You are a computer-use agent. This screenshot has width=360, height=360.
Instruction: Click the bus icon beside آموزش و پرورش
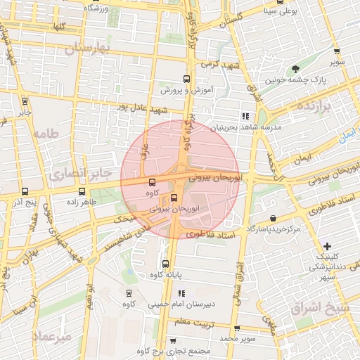[186, 79]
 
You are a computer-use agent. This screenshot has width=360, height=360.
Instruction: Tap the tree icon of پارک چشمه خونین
[296, 68]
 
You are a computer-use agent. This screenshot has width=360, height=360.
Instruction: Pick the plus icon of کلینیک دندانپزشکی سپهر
[326, 245]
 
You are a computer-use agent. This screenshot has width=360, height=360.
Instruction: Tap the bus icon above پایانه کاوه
[166, 264]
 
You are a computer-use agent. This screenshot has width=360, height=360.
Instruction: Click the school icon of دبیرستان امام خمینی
[181, 293]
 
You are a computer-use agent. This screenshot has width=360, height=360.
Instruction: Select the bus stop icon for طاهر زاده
[82, 191]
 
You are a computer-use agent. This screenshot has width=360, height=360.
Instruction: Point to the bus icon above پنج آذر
[26, 191]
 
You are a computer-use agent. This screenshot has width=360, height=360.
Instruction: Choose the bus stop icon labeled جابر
[25, 101]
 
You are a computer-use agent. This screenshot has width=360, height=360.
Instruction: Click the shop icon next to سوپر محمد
[238, 328]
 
